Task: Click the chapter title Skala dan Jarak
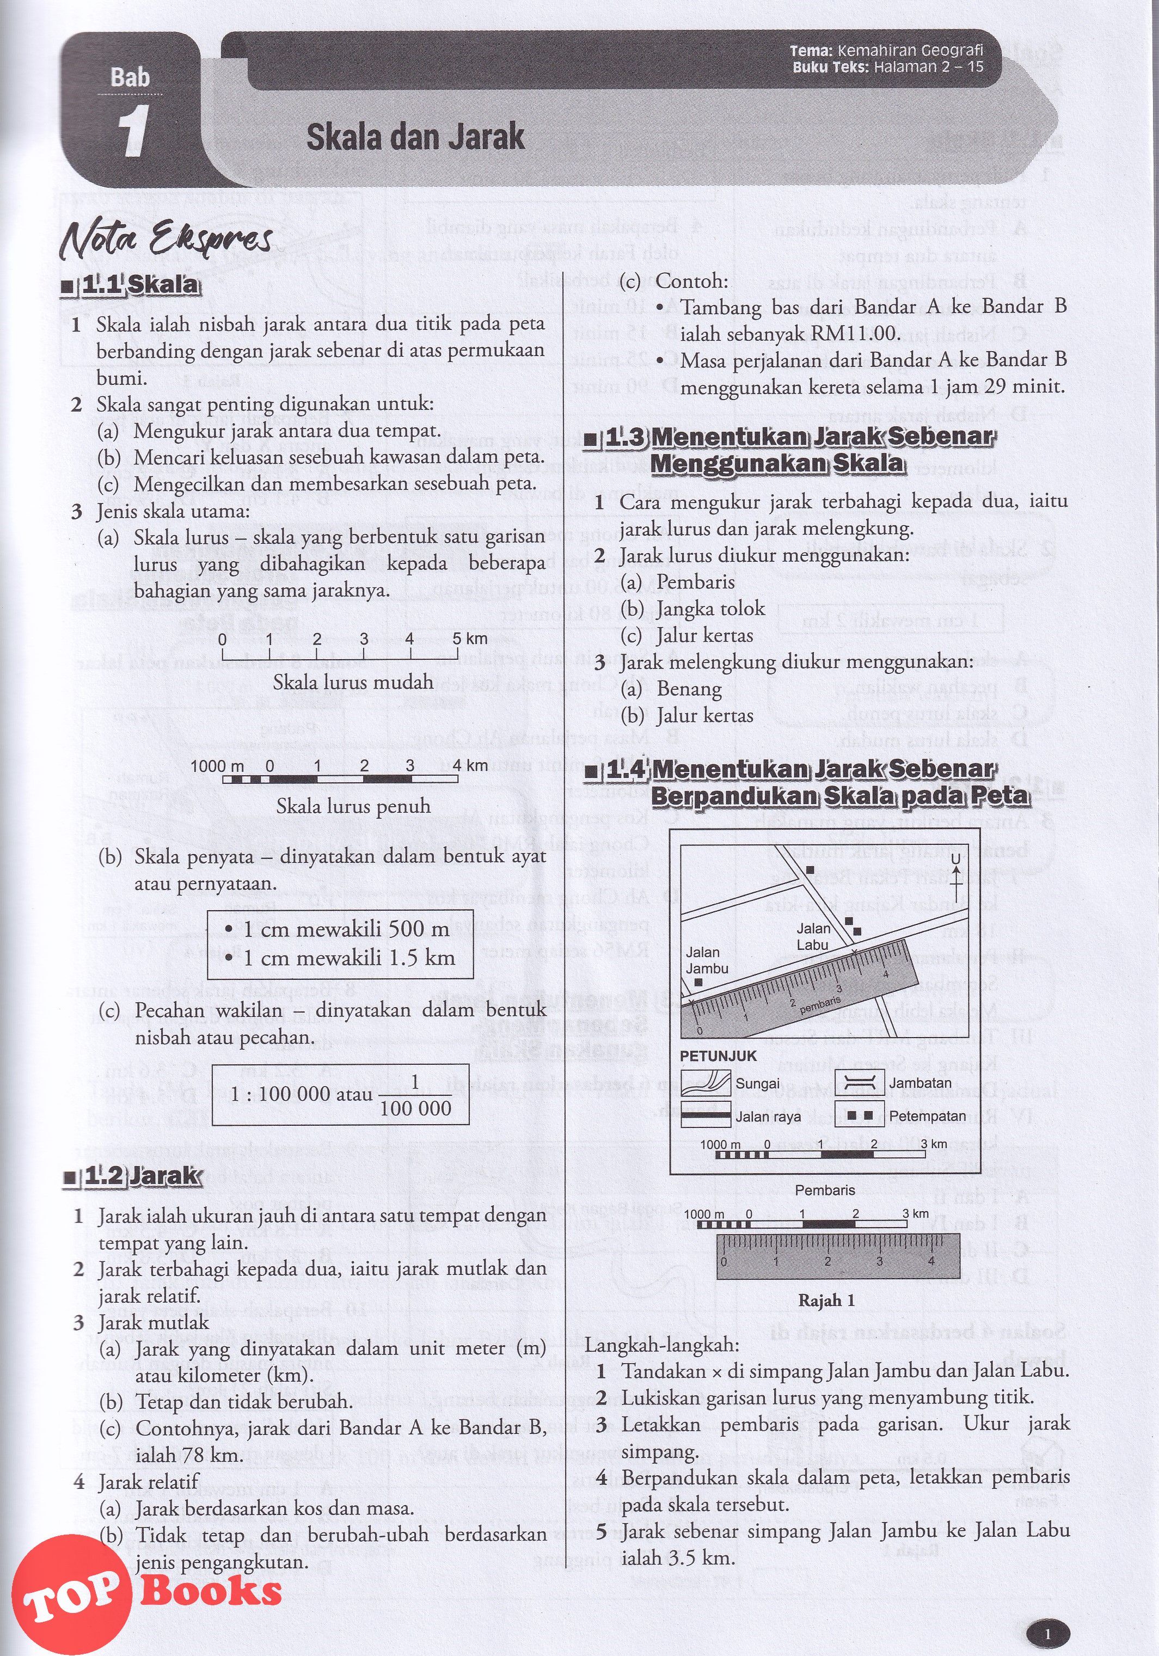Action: click(415, 137)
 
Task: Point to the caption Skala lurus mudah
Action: click(353, 682)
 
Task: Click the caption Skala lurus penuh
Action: click(353, 806)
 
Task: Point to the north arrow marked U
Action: click(955, 874)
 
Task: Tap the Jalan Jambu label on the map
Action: click(707, 960)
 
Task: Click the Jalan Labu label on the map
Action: click(813, 937)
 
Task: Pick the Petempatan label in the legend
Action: click(928, 1116)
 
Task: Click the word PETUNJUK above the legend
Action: click(719, 1056)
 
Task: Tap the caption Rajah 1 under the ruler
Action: click(826, 1301)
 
